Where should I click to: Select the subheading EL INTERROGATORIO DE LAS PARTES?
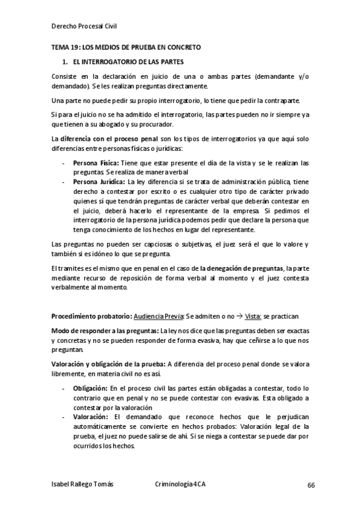click(128, 62)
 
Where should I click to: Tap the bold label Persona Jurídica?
click(99, 181)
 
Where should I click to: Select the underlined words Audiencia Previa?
click(159, 315)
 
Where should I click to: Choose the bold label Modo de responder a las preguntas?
click(105, 331)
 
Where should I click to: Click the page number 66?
click(311, 485)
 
